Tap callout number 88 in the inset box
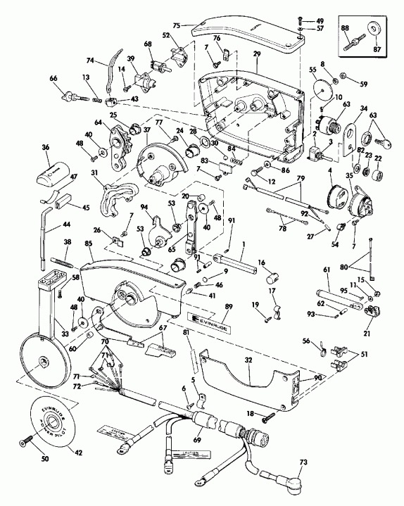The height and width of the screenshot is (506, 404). coord(345,28)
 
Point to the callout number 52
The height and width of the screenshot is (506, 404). coord(166,35)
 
